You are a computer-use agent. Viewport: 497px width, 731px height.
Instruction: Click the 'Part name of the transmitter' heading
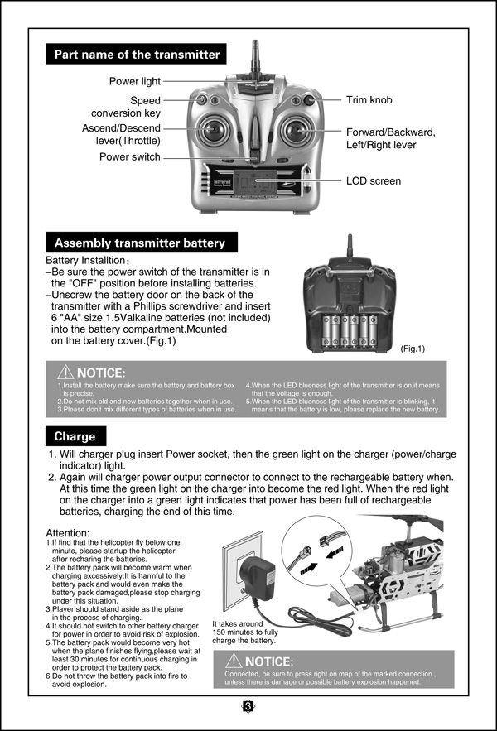point(137,55)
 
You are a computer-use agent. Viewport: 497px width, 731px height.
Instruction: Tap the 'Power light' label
point(135,81)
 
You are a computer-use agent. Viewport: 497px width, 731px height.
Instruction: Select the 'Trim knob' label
point(369,100)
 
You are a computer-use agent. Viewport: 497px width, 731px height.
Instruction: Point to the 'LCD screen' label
point(374,180)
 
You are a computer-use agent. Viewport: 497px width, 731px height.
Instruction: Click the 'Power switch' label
point(130,156)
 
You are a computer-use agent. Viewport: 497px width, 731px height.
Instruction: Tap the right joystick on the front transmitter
point(297,131)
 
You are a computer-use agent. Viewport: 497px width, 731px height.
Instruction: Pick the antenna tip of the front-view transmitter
point(255,42)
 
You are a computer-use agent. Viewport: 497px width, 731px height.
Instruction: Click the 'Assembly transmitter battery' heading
point(139,243)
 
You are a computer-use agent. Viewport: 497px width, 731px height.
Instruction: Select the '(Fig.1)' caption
point(413,349)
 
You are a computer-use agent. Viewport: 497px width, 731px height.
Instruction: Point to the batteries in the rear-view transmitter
point(350,331)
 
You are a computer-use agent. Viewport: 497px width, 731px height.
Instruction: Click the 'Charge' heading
point(75,436)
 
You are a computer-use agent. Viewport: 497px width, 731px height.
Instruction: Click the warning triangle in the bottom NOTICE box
point(234,661)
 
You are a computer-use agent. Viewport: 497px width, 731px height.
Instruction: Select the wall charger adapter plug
point(257,573)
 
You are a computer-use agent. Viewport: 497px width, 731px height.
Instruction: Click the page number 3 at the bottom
point(248,706)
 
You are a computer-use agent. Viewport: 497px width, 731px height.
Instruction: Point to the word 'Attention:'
point(68,533)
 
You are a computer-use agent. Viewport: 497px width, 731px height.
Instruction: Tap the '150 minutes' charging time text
point(233,632)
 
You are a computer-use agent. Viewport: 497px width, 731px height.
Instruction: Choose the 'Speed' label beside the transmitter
point(145,101)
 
